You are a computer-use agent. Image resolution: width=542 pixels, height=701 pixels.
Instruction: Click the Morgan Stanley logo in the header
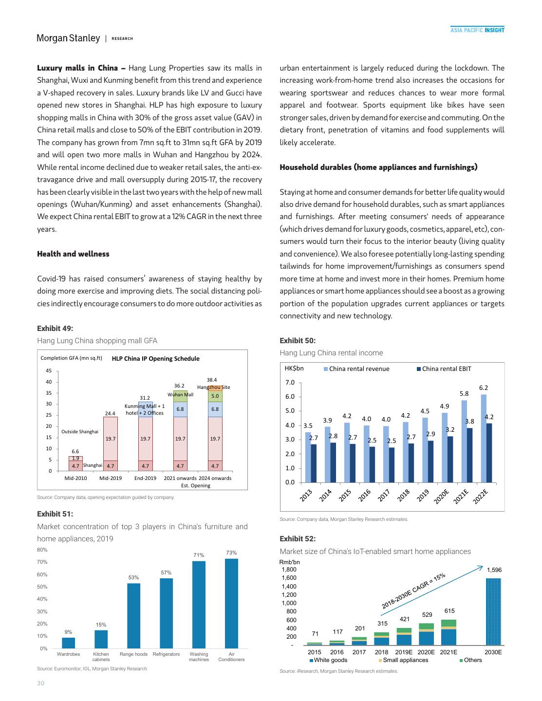(x=68, y=38)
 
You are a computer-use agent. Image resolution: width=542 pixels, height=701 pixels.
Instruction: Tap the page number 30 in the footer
(x=40, y=683)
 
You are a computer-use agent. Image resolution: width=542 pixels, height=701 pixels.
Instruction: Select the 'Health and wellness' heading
(x=73, y=254)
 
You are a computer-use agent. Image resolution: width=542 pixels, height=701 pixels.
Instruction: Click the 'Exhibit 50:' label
(x=297, y=340)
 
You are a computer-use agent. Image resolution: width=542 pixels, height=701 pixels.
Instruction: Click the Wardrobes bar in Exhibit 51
(x=69, y=643)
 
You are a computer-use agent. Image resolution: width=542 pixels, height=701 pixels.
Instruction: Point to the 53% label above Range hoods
(x=133, y=577)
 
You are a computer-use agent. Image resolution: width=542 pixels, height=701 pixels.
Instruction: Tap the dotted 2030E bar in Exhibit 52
(x=493, y=611)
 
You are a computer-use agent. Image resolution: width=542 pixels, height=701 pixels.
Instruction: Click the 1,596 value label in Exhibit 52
(x=494, y=570)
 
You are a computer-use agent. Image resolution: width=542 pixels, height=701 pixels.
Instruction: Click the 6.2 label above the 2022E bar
(x=483, y=387)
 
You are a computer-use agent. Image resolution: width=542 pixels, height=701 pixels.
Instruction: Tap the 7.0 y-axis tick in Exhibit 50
(x=290, y=382)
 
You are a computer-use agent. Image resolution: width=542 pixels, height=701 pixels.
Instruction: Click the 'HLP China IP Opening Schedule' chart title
(x=155, y=359)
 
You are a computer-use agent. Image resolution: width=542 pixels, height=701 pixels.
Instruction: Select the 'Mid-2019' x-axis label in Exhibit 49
(x=111, y=478)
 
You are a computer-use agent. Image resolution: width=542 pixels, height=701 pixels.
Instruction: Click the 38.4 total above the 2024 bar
(x=212, y=379)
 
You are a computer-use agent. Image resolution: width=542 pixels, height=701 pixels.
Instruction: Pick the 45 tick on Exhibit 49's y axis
(x=49, y=370)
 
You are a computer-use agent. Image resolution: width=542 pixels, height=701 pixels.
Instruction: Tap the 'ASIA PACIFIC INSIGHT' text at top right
(x=477, y=30)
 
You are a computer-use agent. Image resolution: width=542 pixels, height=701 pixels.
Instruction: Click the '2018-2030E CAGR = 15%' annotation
(x=413, y=591)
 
